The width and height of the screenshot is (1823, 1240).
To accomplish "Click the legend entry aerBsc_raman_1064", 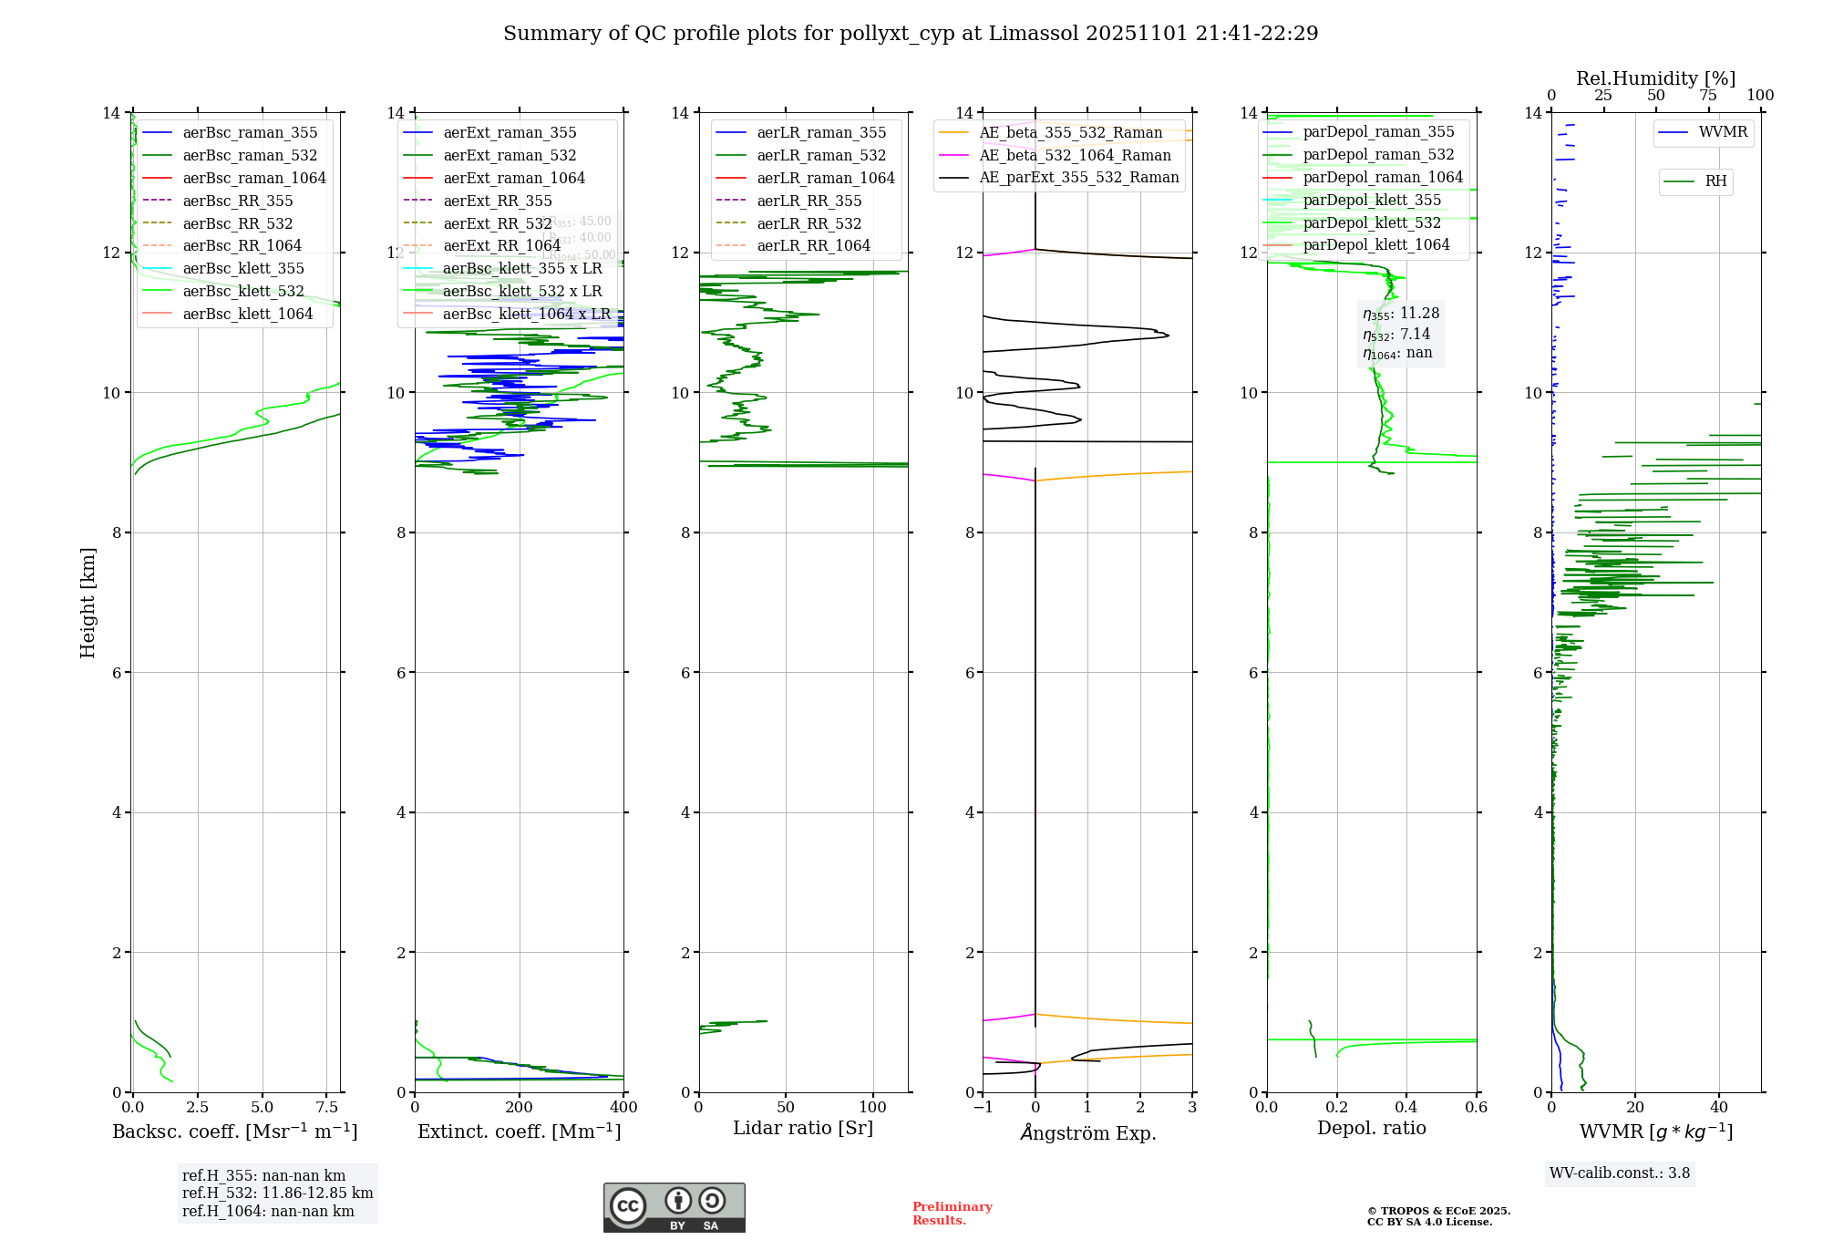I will [x=253, y=179].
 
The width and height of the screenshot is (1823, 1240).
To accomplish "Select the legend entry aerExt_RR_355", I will [x=497, y=201].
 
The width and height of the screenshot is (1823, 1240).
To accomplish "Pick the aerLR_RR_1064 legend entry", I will [x=813, y=246].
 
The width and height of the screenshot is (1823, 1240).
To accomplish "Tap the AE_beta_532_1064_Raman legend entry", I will [x=1075, y=156].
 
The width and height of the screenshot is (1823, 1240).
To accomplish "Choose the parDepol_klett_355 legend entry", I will [x=1372, y=201].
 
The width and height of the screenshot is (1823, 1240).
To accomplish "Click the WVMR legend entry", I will [x=1723, y=133].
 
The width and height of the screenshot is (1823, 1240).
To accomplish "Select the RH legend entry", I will [x=1715, y=181].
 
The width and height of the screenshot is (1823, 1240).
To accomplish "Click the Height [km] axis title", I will [x=88, y=602].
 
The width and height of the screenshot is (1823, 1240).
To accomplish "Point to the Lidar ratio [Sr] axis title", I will [x=803, y=1129].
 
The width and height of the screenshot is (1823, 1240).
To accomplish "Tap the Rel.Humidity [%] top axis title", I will [x=1655, y=79].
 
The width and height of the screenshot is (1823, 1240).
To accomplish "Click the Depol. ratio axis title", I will [x=1371, y=1129].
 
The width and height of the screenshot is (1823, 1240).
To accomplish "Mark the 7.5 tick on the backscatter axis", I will [x=327, y=1108].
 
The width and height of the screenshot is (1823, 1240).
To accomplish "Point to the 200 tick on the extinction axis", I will [x=520, y=1108].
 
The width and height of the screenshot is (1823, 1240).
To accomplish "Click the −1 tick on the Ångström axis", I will [x=983, y=1108].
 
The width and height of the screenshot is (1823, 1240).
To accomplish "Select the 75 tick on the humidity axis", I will [x=1707, y=96].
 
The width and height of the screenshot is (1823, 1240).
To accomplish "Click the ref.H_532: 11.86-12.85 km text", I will [x=277, y=1193].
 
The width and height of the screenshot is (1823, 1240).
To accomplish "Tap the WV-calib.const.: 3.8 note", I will [x=1620, y=1173].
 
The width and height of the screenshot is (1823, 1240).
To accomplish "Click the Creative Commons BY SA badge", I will [x=674, y=1208].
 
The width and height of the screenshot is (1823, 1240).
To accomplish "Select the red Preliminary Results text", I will [x=952, y=1214].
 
